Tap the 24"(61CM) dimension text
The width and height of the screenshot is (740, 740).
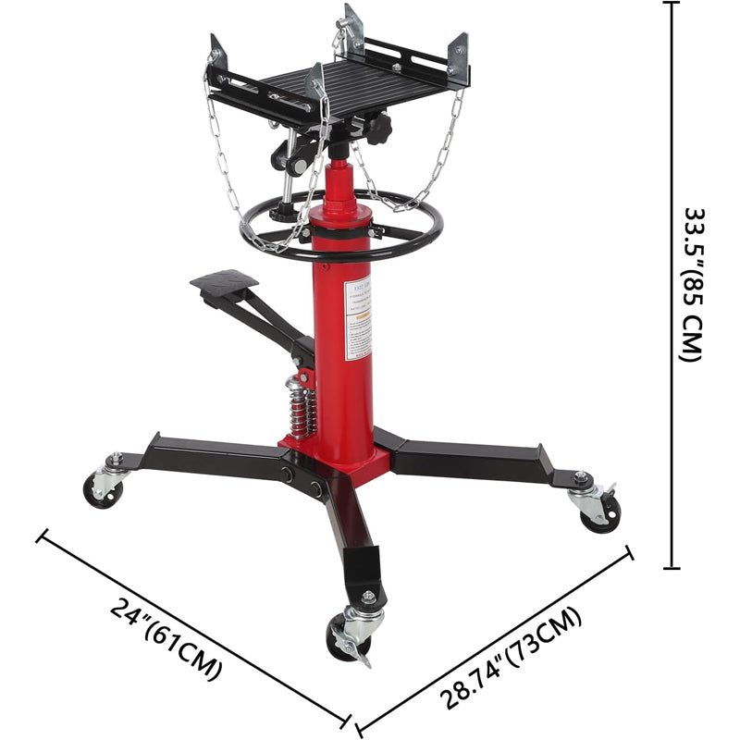click(166, 639)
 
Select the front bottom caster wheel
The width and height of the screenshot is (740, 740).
click(346, 639)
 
